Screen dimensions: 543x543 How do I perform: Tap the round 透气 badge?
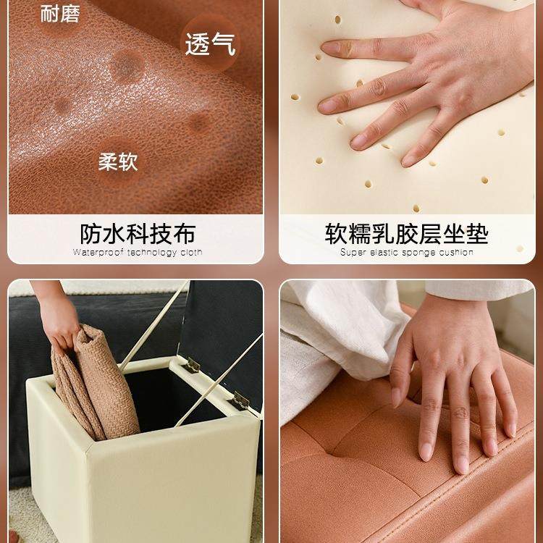click(209, 45)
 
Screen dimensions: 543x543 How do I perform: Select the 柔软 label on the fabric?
click(118, 161)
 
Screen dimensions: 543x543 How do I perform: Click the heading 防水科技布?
click(138, 234)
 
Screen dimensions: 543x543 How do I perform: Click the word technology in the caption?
click(151, 253)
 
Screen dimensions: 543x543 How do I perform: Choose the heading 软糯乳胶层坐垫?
click(406, 234)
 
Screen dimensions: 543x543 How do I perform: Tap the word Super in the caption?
click(353, 253)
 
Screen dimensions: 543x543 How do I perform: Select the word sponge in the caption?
click(418, 253)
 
